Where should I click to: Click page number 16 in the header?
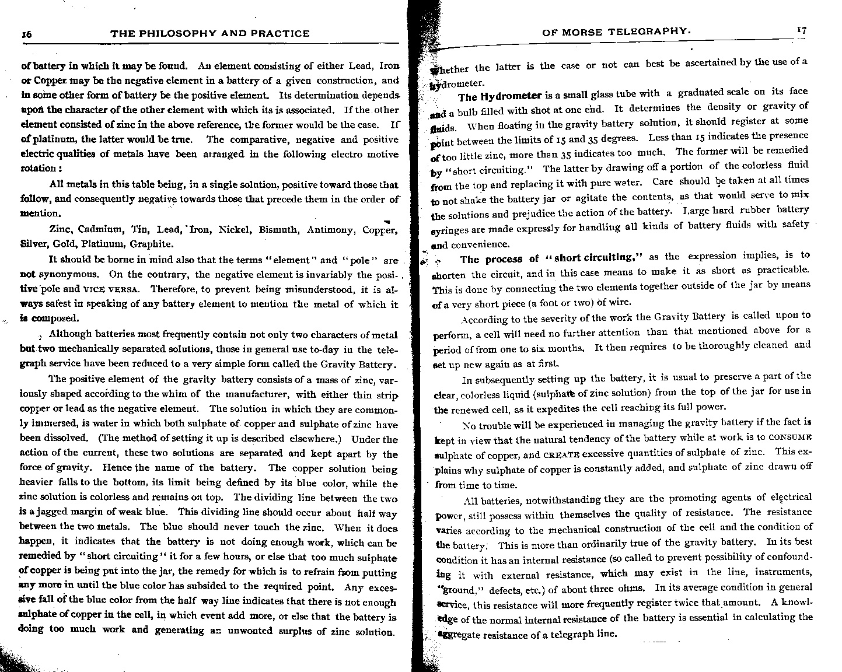[26, 34]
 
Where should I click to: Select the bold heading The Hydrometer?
[501, 96]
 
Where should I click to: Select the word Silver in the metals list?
[34, 244]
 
